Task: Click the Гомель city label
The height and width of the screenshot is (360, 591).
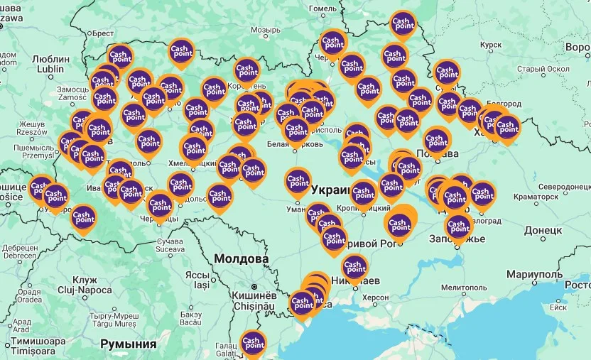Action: click(322, 9)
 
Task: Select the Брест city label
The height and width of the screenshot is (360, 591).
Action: click(102, 33)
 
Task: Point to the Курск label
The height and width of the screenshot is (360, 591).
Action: click(491, 45)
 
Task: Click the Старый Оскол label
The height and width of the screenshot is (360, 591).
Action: click(544, 69)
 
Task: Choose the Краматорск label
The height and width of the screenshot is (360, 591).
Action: click(535, 196)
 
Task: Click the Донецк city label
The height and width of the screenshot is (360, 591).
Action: click(543, 231)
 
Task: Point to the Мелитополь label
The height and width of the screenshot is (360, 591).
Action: click(464, 288)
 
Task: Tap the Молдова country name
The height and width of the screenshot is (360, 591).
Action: click(242, 259)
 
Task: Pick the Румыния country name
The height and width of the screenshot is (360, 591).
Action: click(129, 344)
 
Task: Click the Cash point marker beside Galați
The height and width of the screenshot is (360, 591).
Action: click(253, 344)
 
